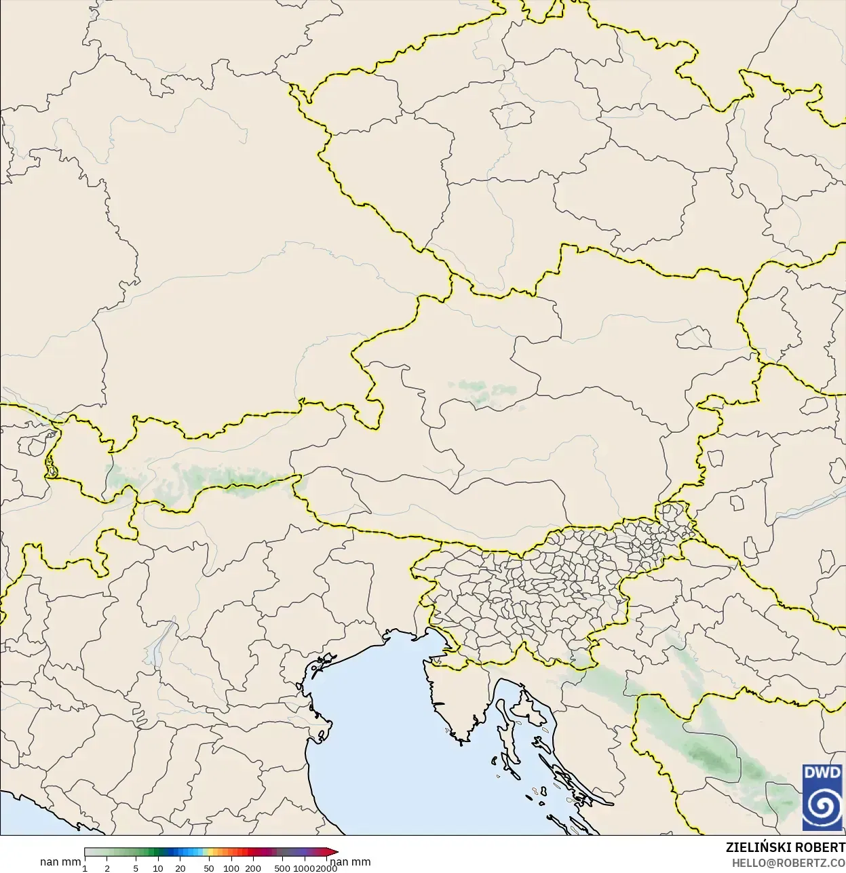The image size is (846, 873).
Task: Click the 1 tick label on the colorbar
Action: point(85,868)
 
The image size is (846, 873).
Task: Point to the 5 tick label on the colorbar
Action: point(136,868)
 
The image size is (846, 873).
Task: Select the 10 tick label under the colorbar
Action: point(158,868)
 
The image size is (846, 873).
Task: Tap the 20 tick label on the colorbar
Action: point(180,868)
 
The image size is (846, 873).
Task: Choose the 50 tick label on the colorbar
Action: point(209,868)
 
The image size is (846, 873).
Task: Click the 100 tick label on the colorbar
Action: point(231,868)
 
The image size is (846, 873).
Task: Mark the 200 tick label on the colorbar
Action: point(253,868)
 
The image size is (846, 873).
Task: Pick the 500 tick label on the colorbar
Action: point(282,868)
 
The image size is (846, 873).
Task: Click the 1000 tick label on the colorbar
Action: point(303,868)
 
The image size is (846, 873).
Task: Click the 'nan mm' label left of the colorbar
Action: point(60,862)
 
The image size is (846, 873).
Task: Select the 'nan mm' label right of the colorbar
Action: point(350,862)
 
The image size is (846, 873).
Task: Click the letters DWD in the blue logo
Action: point(822,773)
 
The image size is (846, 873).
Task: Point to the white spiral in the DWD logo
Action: point(822,807)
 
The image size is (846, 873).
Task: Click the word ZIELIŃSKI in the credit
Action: point(753,848)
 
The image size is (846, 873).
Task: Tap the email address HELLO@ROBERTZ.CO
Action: point(788,863)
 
